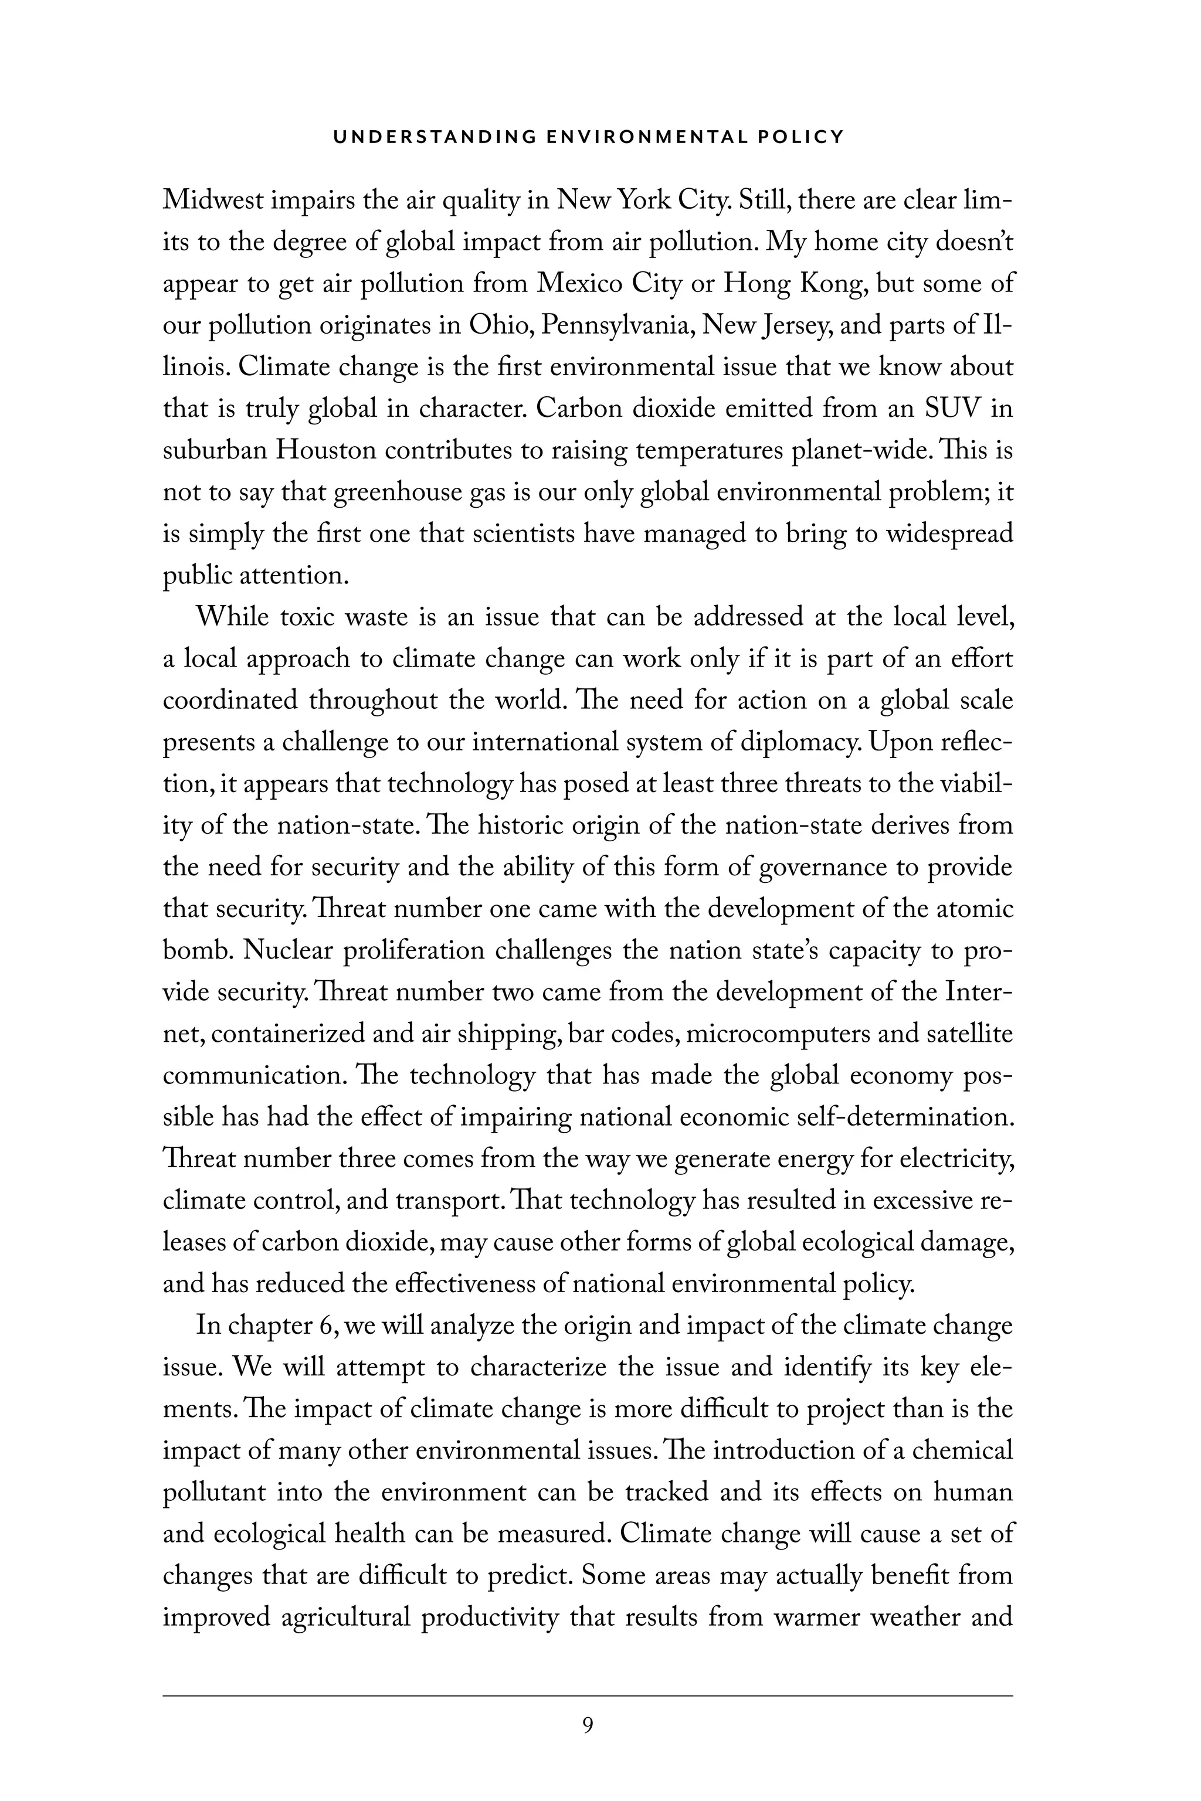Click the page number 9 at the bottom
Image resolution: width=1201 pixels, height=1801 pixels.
coord(588,1725)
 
